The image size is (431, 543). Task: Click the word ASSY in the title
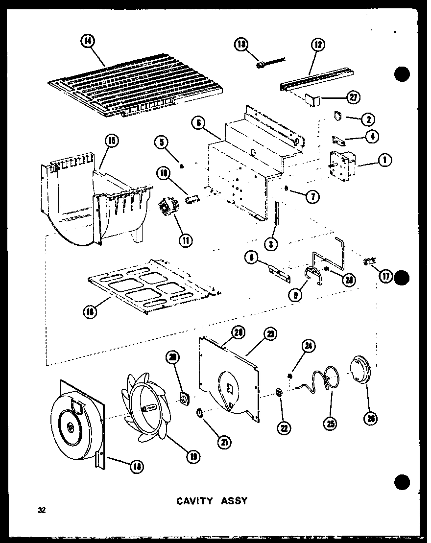point(232,501)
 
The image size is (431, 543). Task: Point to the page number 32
point(42,510)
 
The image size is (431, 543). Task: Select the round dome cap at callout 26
point(361,372)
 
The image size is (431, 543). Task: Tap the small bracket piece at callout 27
point(312,100)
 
